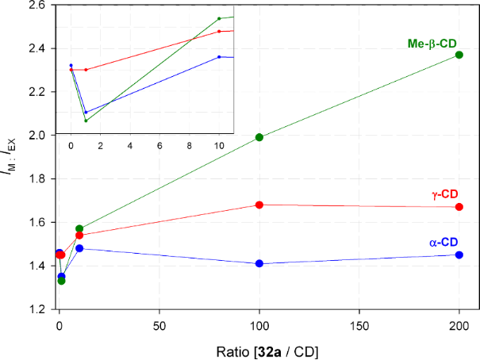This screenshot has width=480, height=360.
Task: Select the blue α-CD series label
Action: click(443, 241)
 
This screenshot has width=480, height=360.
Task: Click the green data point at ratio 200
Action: click(459, 55)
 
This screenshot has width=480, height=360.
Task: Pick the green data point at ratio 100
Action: click(259, 137)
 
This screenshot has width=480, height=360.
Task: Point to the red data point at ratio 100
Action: click(259, 205)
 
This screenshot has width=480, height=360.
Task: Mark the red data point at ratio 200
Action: click(459, 207)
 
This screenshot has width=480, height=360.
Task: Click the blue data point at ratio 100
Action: click(259, 263)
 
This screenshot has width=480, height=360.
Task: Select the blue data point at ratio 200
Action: click(459, 255)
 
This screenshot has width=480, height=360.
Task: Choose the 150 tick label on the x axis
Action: click(359, 325)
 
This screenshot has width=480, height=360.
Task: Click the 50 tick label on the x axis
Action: click(159, 325)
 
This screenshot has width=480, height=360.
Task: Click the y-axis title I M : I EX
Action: click(11, 159)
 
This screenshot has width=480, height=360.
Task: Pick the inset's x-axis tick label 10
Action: click(219, 147)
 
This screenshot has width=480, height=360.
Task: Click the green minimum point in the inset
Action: click(86, 121)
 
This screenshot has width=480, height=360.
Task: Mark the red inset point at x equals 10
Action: click(219, 32)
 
